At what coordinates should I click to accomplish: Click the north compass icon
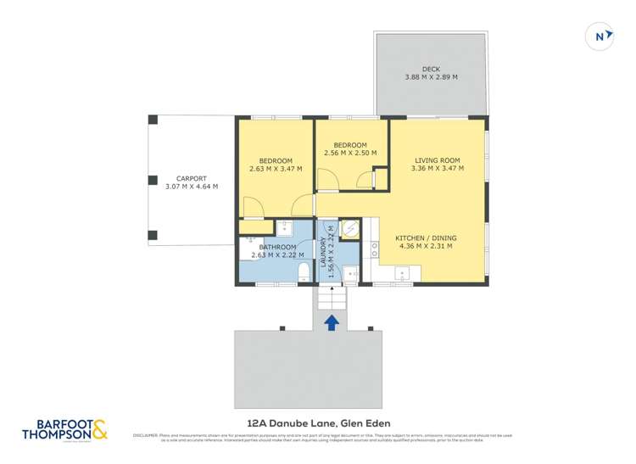point(600,36)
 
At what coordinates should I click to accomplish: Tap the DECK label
point(431,69)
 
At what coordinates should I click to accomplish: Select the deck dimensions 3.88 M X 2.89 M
point(431,78)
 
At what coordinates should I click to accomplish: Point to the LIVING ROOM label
point(437,160)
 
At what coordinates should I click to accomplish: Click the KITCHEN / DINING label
point(424,238)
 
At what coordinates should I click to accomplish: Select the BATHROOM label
point(269,247)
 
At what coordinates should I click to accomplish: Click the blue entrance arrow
point(332,322)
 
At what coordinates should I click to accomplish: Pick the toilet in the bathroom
point(304,271)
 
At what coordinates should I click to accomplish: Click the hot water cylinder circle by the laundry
point(349,228)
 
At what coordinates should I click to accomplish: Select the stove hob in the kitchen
point(374,248)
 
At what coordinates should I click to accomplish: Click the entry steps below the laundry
point(332,299)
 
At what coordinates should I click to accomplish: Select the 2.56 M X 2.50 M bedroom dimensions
point(351,154)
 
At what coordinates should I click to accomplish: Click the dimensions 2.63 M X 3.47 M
point(276,169)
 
